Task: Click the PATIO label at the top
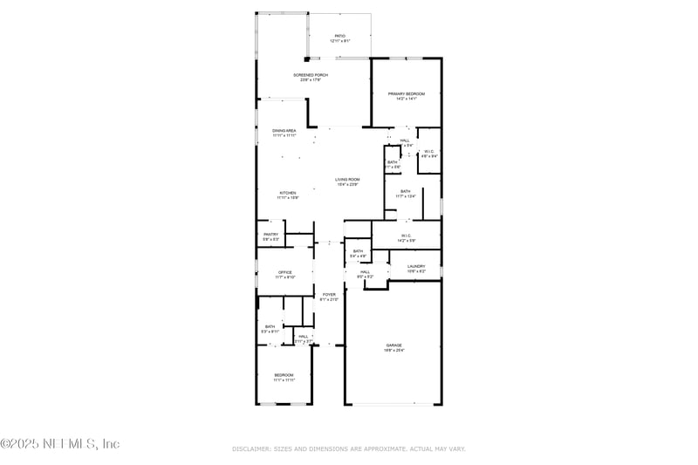point(339,36)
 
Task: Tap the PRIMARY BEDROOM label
point(406,93)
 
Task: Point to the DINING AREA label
point(284,130)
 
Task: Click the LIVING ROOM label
point(347,179)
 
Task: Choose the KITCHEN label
point(288,193)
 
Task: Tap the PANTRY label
point(270,234)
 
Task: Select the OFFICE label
point(284,272)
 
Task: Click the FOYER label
point(329,295)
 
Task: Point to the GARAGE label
point(394,345)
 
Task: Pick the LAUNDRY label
point(416,266)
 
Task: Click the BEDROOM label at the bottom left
point(284,374)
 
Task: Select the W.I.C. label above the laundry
point(406,235)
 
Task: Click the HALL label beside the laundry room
point(365,271)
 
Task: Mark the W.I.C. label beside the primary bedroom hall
point(428,152)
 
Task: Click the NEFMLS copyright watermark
point(59,444)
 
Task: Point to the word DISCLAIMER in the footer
point(251,448)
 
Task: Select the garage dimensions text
point(394,350)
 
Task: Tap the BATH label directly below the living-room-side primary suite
point(405,191)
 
